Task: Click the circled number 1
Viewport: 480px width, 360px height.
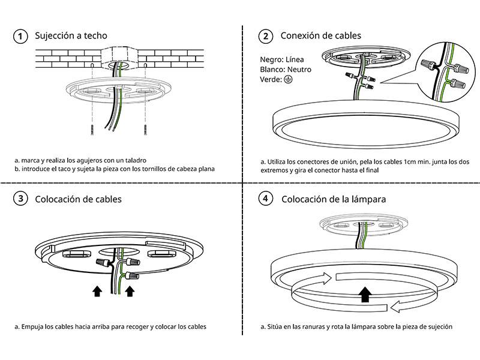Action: (20, 37)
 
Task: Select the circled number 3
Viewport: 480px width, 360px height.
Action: (20, 199)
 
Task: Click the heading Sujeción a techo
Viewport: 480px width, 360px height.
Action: (71, 36)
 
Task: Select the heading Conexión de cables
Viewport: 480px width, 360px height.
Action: (321, 36)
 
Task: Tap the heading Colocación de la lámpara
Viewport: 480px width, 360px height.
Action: (333, 199)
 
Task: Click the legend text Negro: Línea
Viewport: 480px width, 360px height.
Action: (281, 60)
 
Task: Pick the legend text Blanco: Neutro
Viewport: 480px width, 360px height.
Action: (285, 70)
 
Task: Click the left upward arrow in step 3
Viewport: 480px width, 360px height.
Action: (97, 292)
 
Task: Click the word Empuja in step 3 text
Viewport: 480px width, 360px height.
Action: (33, 327)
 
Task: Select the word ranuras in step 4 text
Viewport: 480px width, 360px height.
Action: (311, 327)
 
